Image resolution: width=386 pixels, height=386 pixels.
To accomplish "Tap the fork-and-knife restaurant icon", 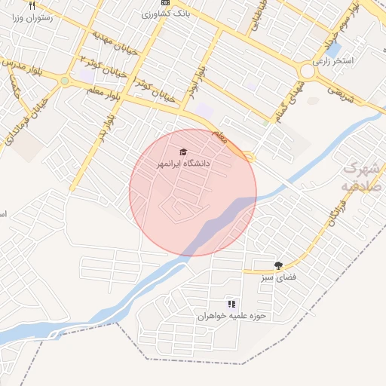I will (x=32, y=5).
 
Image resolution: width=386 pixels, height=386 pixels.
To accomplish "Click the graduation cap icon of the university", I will (x=185, y=152).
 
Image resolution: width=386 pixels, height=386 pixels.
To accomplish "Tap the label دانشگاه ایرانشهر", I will (x=183, y=163).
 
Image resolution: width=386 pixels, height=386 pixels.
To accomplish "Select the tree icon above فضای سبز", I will (x=279, y=265).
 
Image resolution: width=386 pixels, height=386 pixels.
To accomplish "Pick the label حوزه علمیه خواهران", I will (x=227, y=317).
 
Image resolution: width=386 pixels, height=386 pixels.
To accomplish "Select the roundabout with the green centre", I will (x=65, y=81).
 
